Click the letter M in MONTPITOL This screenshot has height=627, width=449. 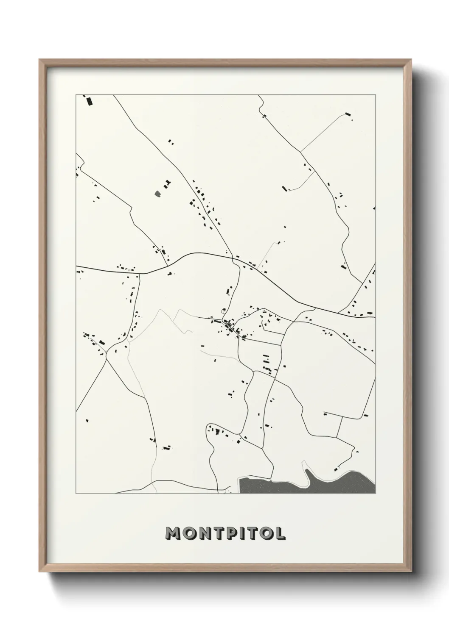(174, 533)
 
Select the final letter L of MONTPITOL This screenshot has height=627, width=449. (280, 533)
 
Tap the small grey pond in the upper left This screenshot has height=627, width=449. (158, 194)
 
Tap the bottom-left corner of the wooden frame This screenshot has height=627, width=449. (40, 573)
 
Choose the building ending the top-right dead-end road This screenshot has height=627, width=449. (348, 114)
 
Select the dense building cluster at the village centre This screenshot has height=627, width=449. (229, 326)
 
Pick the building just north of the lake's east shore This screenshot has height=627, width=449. (336, 469)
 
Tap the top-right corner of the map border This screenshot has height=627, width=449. (375, 94)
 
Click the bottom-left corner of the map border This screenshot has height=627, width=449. (76, 494)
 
